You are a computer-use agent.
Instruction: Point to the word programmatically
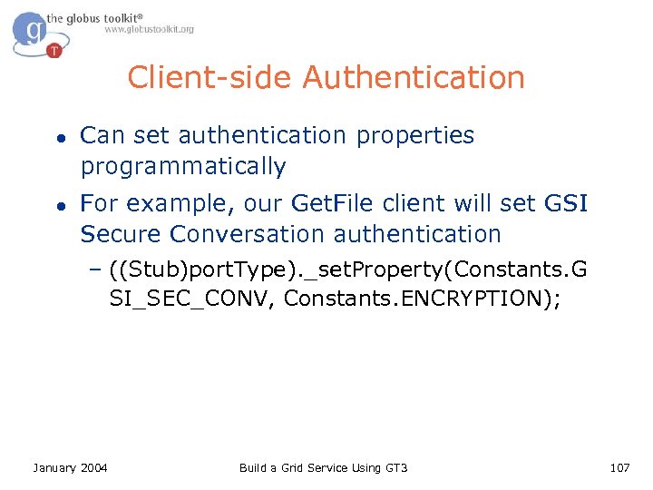(183, 167)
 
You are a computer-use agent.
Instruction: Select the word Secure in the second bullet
(121, 234)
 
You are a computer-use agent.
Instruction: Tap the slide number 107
(619, 467)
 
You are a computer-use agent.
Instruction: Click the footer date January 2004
(70, 467)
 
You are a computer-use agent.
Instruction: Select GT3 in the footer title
(395, 467)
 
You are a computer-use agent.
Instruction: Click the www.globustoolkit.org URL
(149, 29)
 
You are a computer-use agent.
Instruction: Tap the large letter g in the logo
(34, 31)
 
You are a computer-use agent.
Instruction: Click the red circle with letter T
(54, 50)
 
